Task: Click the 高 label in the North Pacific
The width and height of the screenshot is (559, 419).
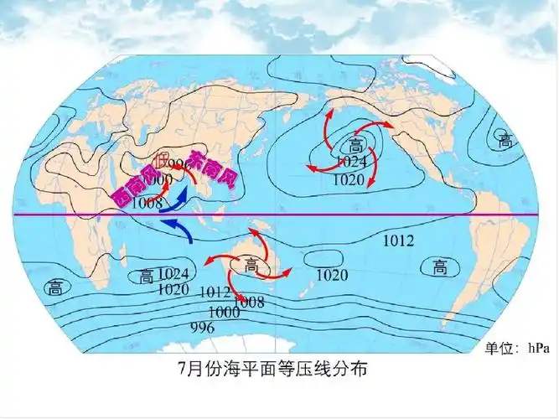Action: pos(355,146)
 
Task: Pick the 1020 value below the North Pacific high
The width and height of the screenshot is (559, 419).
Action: pos(348,179)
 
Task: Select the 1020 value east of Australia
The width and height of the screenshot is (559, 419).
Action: pos(332,275)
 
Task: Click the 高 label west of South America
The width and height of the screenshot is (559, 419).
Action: pos(439,267)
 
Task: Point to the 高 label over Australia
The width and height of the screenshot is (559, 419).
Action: pos(251,266)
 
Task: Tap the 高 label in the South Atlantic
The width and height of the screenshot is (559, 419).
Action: pos(54,288)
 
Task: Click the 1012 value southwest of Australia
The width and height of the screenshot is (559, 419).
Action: pos(215,292)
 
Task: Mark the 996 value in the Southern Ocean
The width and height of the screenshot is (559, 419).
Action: pos(203,327)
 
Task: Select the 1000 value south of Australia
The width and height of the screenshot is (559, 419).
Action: pos(224,312)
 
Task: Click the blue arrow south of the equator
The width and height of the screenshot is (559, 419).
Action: pos(179,229)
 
